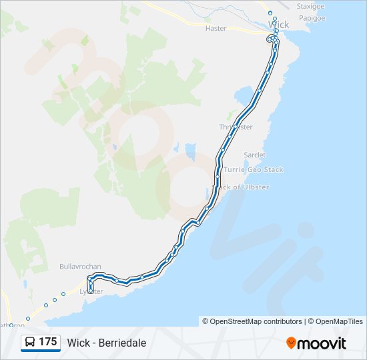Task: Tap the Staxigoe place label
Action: pyautogui.click(x=310, y=5)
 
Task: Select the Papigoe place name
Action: pyautogui.click(x=310, y=18)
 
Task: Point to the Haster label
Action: pyautogui.click(x=216, y=29)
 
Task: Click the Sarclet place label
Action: pyautogui.click(x=254, y=155)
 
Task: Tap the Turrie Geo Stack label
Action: pyautogui.click(x=254, y=170)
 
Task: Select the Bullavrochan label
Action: pyautogui.click(x=80, y=266)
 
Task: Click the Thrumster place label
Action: pyautogui.click(x=236, y=127)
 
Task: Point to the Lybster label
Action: pyautogui.click(x=91, y=292)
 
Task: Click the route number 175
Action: pyautogui.click(x=48, y=342)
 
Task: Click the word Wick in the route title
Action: pyautogui.click(x=78, y=343)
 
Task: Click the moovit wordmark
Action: pyautogui.click(x=322, y=343)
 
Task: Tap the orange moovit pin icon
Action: pyautogui.click(x=292, y=343)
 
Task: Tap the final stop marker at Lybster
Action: pyautogui.click(x=90, y=291)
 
